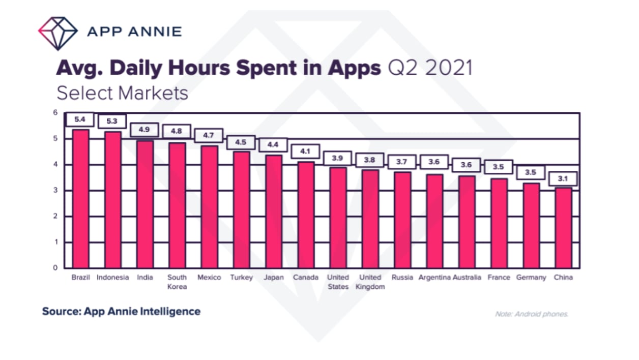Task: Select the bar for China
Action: click(563, 228)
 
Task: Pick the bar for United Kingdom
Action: click(370, 219)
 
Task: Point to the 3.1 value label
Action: click(563, 179)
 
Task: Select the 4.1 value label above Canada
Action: click(306, 152)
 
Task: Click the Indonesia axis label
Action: click(112, 278)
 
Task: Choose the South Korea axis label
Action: click(177, 282)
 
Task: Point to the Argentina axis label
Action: click(434, 278)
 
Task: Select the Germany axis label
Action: click(531, 278)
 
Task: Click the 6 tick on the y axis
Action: click(55, 112)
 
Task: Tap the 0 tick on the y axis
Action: click(55, 268)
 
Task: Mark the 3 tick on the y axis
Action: click(55, 191)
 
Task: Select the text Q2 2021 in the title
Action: click(430, 68)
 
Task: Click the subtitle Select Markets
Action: click(122, 93)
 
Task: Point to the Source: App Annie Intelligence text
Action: click(121, 311)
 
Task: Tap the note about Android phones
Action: click(531, 314)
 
